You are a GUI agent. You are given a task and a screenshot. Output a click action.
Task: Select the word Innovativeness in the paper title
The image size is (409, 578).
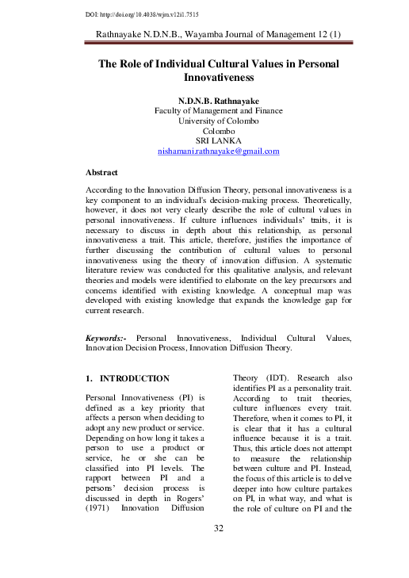[x=218, y=79]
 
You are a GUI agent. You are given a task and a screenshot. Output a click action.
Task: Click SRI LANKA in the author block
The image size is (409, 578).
[x=218, y=140]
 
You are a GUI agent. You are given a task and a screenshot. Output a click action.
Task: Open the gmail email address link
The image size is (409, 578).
[x=218, y=151]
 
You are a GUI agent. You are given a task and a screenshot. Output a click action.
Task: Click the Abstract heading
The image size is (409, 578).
[x=101, y=171]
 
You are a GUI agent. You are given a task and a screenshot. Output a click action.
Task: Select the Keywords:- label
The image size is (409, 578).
[x=107, y=339]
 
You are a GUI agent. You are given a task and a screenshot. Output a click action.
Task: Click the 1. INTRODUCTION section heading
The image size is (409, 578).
[x=127, y=379]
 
